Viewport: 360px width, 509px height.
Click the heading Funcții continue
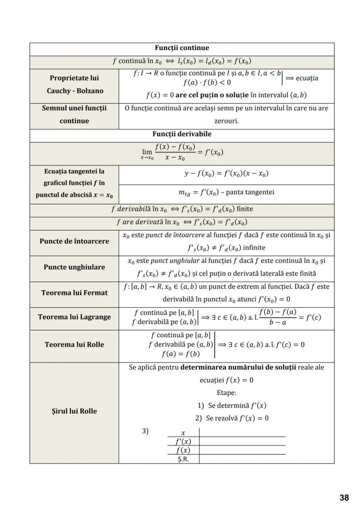tap(182, 48)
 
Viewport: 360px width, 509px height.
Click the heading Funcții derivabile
tap(182, 134)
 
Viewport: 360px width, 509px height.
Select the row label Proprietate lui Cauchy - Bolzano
tap(74, 85)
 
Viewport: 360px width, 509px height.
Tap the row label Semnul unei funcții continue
tap(74, 114)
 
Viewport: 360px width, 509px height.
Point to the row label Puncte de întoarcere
tap(74, 241)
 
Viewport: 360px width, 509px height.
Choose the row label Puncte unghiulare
tap(74, 267)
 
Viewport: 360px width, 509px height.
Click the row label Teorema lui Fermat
tap(74, 293)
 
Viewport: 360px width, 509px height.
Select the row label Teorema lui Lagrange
tap(74, 317)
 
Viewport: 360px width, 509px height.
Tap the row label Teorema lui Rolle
tap(74, 345)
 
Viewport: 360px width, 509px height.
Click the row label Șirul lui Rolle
tap(74, 411)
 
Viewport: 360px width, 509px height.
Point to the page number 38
tap(344, 498)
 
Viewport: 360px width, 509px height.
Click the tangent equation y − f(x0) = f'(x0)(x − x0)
tap(226, 174)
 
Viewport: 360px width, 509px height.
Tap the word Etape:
tap(226, 393)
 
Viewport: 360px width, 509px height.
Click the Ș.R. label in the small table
tap(183, 459)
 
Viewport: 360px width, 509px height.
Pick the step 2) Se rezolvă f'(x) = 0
tap(232, 418)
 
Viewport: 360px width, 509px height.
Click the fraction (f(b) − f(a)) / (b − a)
tap(277, 317)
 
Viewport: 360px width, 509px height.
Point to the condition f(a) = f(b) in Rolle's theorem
tap(180, 354)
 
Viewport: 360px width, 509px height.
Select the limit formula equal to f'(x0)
tap(182, 153)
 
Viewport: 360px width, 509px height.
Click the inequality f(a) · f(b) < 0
tap(207, 82)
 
